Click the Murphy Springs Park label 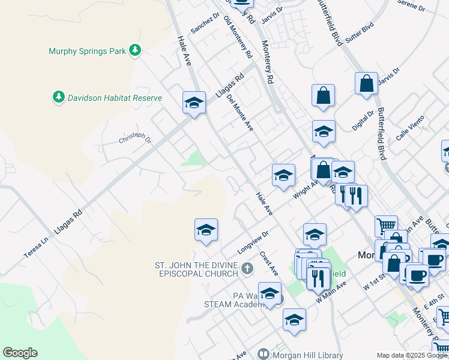point(87,52)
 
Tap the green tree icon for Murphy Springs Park point(136,51)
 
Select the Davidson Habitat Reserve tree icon point(59,97)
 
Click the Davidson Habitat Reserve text point(115,98)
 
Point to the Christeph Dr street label point(135,139)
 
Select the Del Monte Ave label point(240,113)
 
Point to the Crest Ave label point(269,263)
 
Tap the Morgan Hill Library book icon point(263,354)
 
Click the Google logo point(20,353)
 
